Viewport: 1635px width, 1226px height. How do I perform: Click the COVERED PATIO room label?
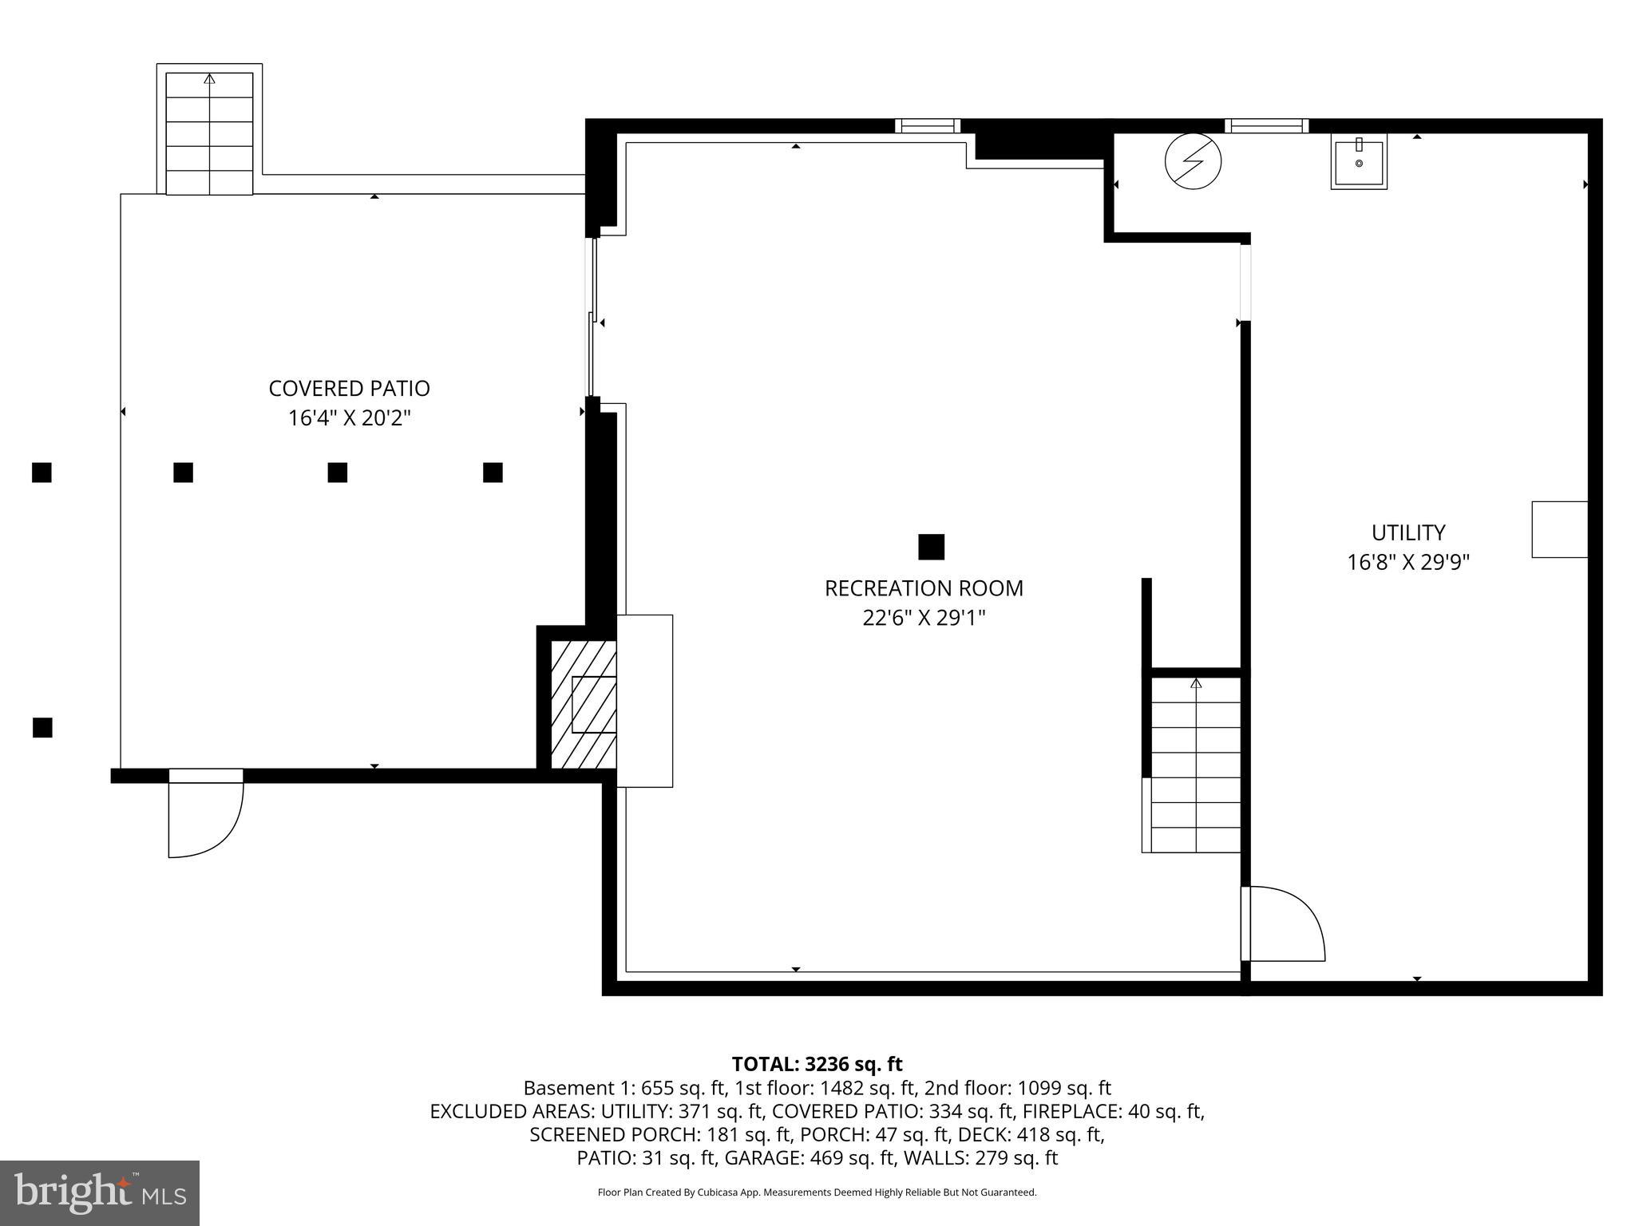pyautogui.click(x=349, y=389)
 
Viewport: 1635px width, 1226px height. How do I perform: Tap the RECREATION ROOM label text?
pyautogui.click(x=924, y=588)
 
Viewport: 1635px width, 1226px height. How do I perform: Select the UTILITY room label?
pyautogui.click(x=1408, y=532)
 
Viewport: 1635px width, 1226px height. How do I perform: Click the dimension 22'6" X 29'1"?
pyautogui.click(x=924, y=618)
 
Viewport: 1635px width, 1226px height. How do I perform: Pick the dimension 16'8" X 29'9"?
pyautogui.click(x=1408, y=563)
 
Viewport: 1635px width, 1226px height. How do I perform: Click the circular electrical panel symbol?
pyautogui.click(x=1193, y=161)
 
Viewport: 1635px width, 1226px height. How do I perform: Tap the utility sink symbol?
pyautogui.click(x=1359, y=163)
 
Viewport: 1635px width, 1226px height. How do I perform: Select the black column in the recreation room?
pyautogui.click(x=931, y=547)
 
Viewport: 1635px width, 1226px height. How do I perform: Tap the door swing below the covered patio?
pyautogui.click(x=204, y=818)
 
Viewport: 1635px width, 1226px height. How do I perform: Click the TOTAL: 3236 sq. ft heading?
pyautogui.click(x=817, y=1064)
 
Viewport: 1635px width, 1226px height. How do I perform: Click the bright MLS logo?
pyautogui.click(x=100, y=1192)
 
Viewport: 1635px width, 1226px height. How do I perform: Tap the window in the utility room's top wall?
pyautogui.click(x=1266, y=125)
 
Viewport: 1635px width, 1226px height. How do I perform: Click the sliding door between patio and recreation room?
pyautogui.click(x=592, y=319)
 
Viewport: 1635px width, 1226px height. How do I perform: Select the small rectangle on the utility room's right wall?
pyautogui.click(x=1559, y=529)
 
